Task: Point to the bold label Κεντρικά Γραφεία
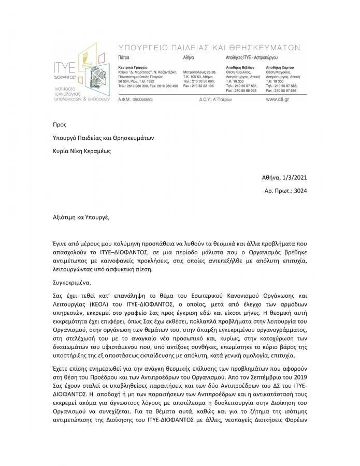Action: [x=133, y=68]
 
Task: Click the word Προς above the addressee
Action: [x=60, y=125]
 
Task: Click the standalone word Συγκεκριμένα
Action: [x=72, y=283]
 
